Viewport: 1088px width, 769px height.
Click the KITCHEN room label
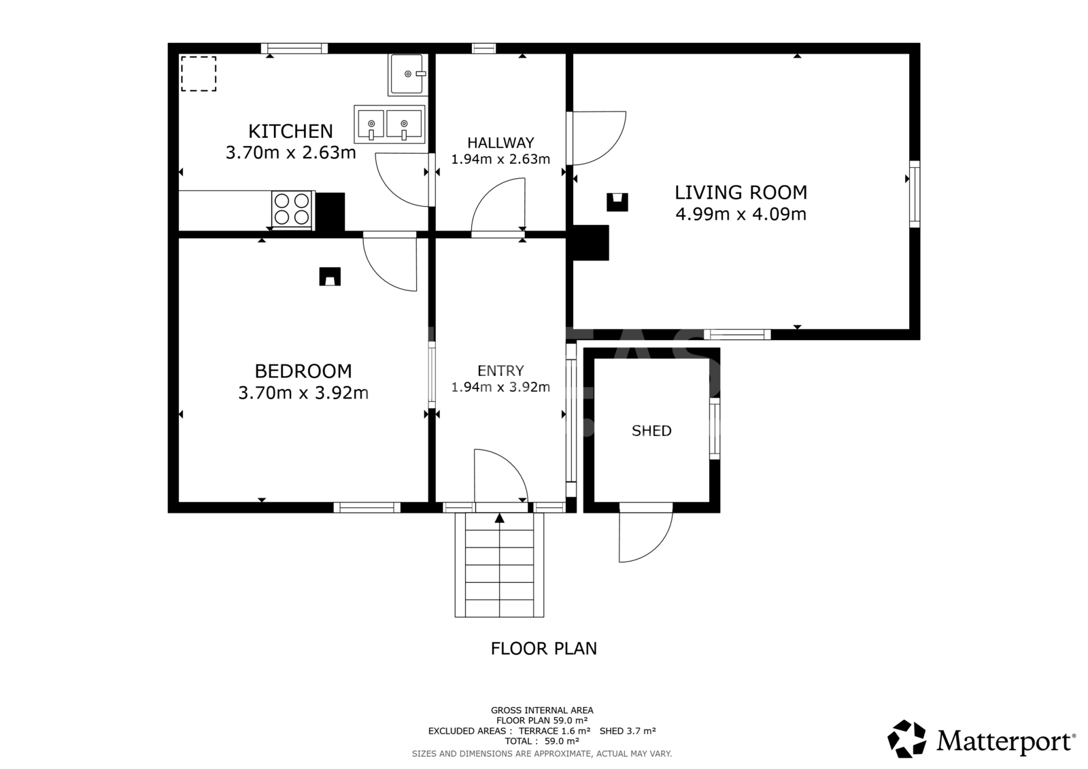coord(290,131)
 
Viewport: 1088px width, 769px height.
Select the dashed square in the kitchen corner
coord(199,74)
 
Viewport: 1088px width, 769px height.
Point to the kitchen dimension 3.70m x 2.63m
coord(290,152)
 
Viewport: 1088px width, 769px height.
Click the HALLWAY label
coord(500,143)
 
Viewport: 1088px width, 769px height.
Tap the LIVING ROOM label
coord(741,192)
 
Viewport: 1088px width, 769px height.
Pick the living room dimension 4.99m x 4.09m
coord(741,214)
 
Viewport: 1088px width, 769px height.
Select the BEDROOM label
coord(303,371)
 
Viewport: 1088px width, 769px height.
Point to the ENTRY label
coord(500,371)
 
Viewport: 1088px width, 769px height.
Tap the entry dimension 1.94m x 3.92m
coord(500,387)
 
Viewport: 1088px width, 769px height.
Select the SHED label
coord(651,431)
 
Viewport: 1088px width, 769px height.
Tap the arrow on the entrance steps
coord(499,518)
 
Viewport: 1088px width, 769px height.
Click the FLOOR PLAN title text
coord(543,649)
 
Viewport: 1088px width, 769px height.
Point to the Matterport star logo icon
coord(906,739)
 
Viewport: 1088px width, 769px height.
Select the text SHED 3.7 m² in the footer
coord(628,731)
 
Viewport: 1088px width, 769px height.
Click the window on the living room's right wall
coord(915,194)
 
